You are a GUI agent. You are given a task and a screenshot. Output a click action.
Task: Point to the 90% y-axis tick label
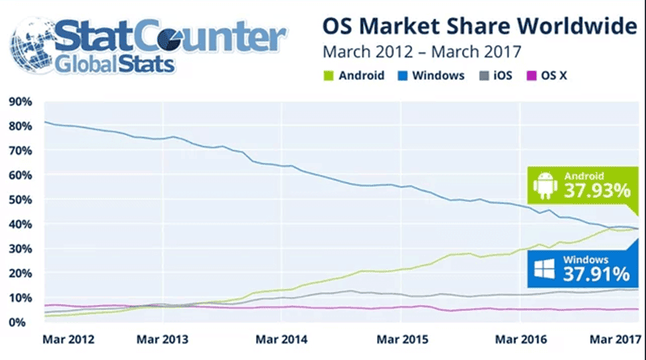tap(19, 102)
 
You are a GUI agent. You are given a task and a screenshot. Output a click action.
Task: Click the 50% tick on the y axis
tap(19, 199)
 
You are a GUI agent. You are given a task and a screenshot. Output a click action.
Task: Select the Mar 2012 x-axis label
tap(69, 339)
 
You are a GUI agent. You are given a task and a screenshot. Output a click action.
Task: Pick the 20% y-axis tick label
tap(19, 273)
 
